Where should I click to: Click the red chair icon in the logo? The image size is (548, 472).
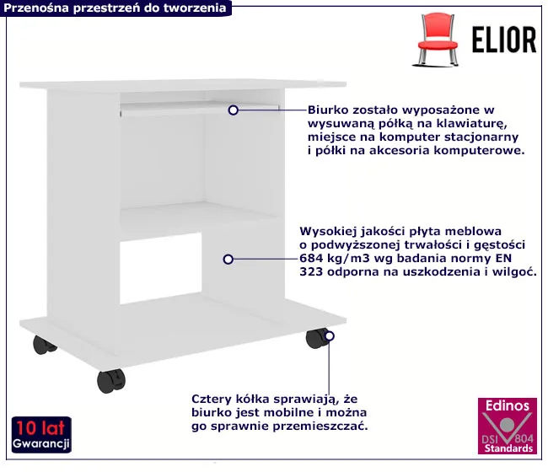(437, 39)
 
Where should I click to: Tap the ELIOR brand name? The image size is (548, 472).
(504, 40)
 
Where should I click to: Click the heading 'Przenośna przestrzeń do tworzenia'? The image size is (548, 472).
(115, 8)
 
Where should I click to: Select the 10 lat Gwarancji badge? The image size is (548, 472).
(41, 435)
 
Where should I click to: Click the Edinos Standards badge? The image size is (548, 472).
(507, 426)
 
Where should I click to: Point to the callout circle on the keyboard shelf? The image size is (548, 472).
(233, 110)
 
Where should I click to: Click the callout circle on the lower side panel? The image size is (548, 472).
(228, 260)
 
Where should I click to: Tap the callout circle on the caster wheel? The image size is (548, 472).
(329, 335)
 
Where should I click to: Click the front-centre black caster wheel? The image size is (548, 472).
(110, 380)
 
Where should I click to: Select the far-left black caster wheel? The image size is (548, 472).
(44, 345)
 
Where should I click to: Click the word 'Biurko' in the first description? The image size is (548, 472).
(328, 110)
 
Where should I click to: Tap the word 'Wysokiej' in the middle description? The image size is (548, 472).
(327, 231)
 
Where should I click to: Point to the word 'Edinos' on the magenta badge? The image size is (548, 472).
(508, 405)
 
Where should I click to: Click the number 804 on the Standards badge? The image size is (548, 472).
(524, 439)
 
